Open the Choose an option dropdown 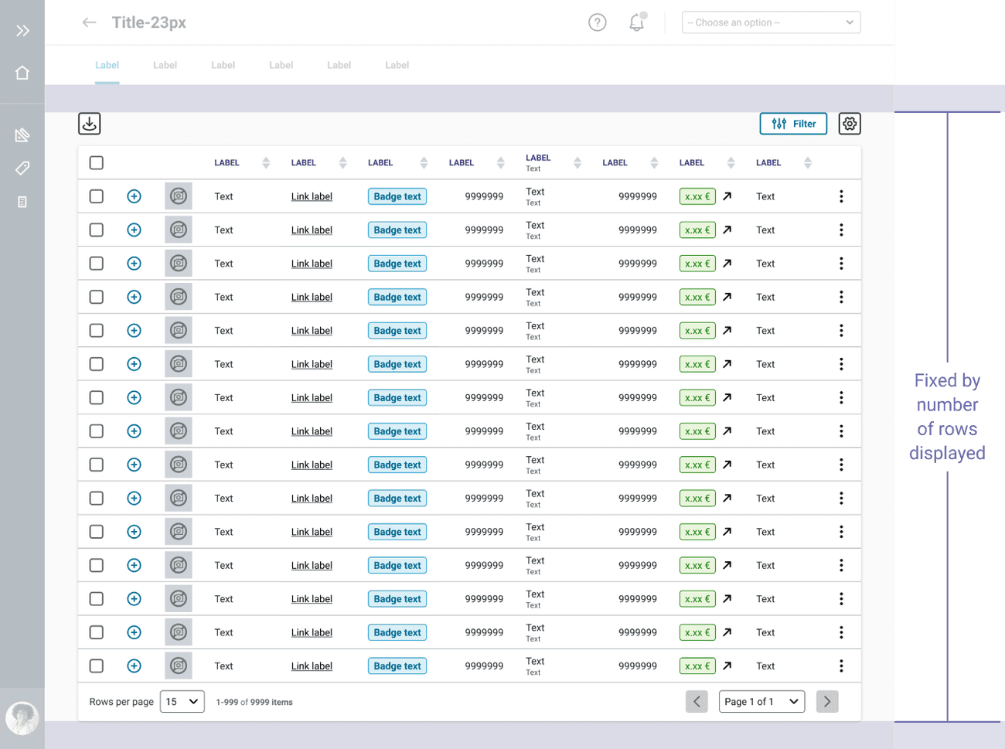point(771,22)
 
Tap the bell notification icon point(636,22)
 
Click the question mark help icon point(598,22)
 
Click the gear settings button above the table point(850,124)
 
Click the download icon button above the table point(90,124)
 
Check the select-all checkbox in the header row point(97,163)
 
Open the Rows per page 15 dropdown point(182,702)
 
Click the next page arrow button point(827,702)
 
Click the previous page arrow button point(697,702)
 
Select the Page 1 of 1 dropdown point(761,702)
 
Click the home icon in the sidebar point(22,73)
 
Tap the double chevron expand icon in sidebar point(22,31)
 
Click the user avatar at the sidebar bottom point(22,718)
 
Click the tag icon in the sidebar point(22,168)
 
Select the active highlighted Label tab point(107,65)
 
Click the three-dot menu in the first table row point(841,196)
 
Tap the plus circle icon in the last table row point(134,666)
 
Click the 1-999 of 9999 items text point(254,702)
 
